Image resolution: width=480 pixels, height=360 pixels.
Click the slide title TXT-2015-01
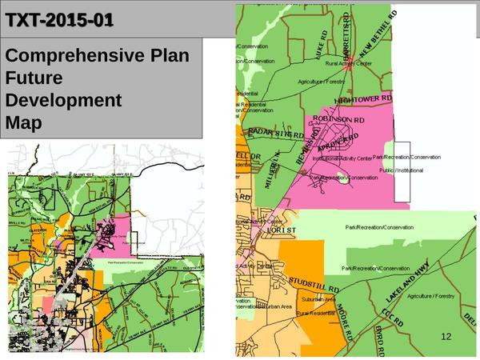[60, 19]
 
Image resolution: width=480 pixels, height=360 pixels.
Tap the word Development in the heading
[63, 101]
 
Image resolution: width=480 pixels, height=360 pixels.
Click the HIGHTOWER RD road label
[365, 98]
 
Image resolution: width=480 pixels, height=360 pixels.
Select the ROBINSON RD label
[338, 119]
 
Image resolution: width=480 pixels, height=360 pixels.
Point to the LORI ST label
[282, 231]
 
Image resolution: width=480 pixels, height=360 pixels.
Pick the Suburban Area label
[321, 299]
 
